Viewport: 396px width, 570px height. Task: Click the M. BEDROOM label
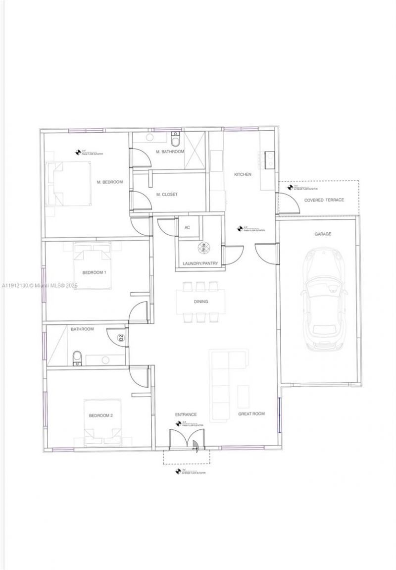pos(109,182)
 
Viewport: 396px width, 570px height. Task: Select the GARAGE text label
pos(323,234)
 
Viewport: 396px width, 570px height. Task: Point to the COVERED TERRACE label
pos(324,200)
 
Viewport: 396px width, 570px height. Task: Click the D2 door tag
pos(120,339)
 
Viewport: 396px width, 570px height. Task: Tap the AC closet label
pos(187,228)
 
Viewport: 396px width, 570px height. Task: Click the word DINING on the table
pos(200,302)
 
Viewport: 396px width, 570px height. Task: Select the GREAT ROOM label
pos(251,414)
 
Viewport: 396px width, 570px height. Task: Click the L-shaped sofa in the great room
pos(223,381)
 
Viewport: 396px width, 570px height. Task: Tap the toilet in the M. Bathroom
pos(174,135)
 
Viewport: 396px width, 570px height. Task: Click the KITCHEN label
pos(243,174)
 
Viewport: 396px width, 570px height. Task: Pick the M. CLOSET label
pos(166,195)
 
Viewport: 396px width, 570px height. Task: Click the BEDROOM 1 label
pos(94,273)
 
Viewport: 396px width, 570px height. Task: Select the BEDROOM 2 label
pos(101,415)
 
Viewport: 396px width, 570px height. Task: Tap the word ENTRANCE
pos(186,415)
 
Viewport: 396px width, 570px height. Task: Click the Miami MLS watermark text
pos(40,286)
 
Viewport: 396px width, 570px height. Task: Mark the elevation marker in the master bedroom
pos(78,153)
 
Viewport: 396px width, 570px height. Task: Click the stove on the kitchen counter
pos(270,158)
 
